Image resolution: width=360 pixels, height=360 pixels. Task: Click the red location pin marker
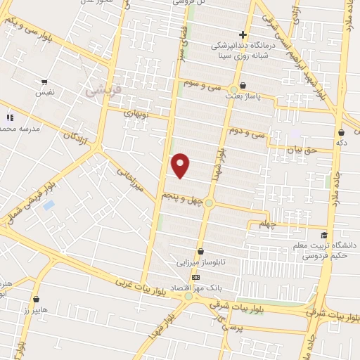[181, 165]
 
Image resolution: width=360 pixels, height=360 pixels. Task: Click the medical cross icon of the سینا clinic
[243, 35]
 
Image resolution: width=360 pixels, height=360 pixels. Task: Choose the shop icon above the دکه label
[342, 132]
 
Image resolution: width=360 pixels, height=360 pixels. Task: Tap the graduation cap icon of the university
[324, 235]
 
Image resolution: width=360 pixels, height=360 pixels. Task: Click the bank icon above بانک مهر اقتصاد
[195, 277]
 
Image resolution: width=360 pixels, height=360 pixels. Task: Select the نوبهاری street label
[136, 112]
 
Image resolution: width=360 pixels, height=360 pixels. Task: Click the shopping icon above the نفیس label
[46, 82]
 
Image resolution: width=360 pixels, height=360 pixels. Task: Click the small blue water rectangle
[49, 205]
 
